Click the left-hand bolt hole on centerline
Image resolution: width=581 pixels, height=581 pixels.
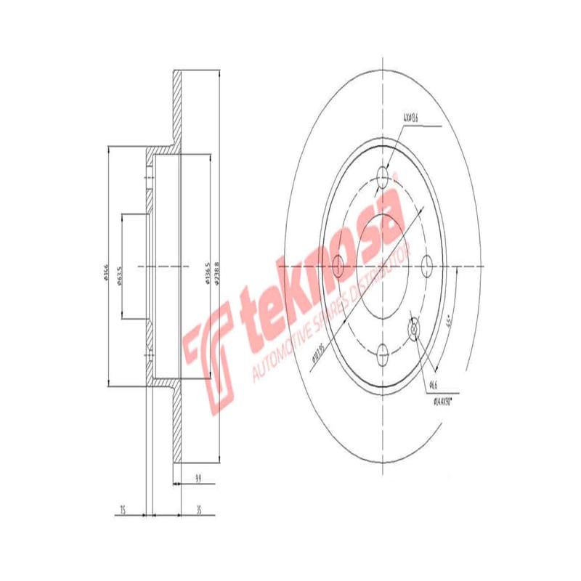point(338,267)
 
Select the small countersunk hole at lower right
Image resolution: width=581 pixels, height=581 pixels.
point(415,330)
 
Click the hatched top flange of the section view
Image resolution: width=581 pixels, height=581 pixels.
point(176,109)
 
